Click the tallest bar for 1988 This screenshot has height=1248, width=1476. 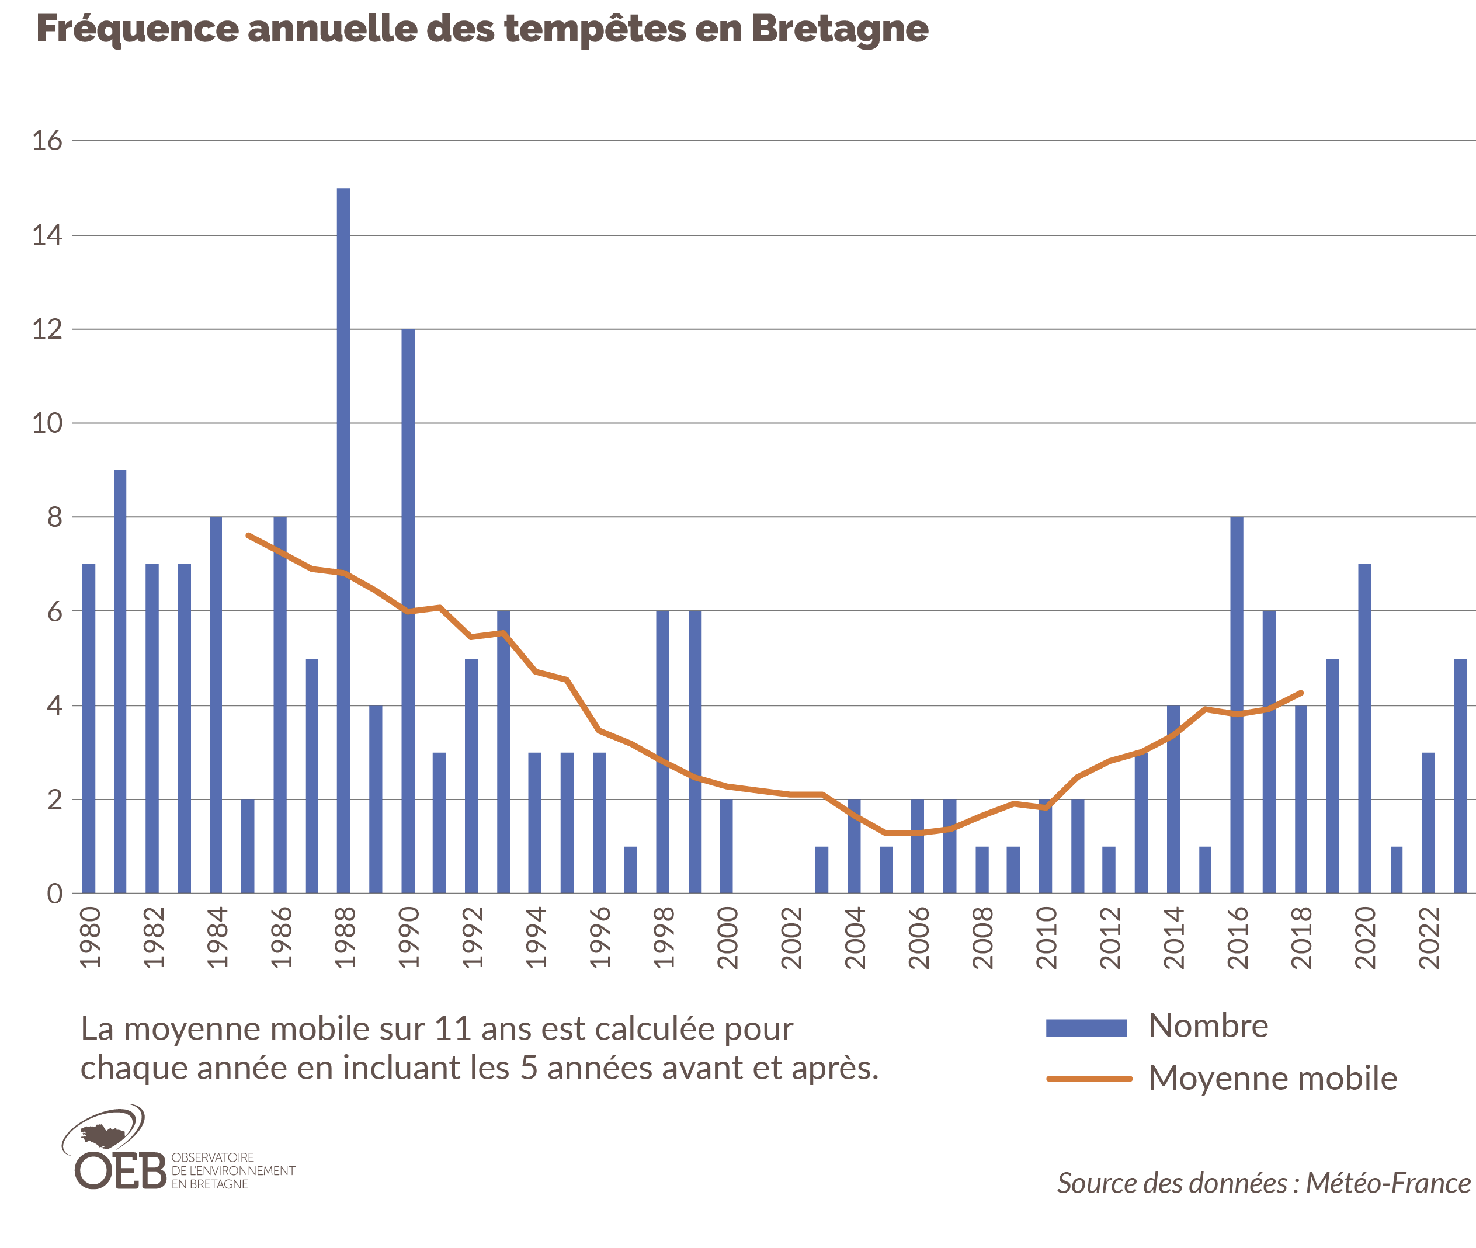(x=343, y=541)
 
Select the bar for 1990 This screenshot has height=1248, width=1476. (x=408, y=612)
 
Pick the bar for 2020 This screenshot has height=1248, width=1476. (x=1365, y=729)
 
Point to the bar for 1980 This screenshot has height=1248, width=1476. (x=88, y=729)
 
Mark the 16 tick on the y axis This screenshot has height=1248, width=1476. (x=47, y=141)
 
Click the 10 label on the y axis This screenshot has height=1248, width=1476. (x=47, y=423)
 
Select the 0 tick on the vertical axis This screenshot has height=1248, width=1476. (x=54, y=894)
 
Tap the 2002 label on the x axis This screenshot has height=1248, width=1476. (x=791, y=937)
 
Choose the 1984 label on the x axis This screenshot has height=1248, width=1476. (x=217, y=937)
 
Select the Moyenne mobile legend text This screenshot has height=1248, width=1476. (x=1272, y=1078)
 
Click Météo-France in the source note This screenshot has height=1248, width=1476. (x=1388, y=1184)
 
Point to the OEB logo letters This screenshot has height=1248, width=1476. (x=120, y=1171)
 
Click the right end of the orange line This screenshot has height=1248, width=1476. (x=1301, y=693)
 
